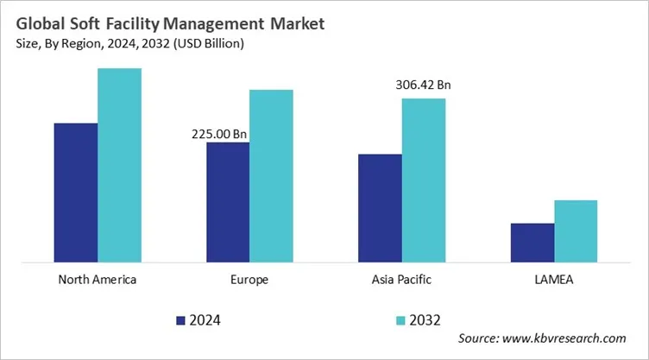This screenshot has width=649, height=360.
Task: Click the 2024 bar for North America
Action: [x=76, y=192]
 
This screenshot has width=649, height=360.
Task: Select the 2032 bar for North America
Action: [x=119, y=164]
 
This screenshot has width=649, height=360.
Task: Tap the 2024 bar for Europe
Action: [x=227, y=201]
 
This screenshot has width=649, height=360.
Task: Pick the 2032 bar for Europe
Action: [x=271, y=175]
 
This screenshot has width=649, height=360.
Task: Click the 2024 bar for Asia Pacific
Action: [x=380, y=207]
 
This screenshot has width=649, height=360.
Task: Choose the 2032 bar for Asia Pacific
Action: [x=423, y=180]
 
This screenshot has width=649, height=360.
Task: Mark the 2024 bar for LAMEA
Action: [x=532, y=242]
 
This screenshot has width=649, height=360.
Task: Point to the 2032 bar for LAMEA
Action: [x=576, y=231]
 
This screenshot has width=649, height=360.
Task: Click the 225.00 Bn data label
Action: [x=218, y=134]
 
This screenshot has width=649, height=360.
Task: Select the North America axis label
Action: [x=97, y=280]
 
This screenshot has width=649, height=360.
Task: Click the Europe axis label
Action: [x=249, y=280]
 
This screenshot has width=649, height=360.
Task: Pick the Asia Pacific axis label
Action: [x=401, y=280]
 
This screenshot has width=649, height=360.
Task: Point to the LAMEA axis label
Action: [x=553, y=280]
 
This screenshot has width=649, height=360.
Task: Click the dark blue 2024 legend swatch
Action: [x=180, y=320]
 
